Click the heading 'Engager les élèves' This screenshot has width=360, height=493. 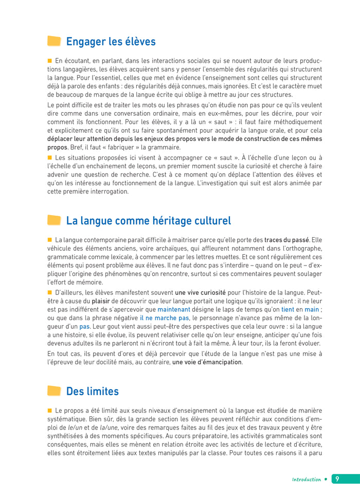pos(111,42)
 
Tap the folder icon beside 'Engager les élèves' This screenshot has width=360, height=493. pos(54,42)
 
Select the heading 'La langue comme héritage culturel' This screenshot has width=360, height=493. pos(148,221)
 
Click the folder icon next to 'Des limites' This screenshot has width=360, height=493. pos(54,392)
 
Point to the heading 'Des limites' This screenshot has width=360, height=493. pos(92,392)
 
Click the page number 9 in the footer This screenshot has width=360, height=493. pos(337,479)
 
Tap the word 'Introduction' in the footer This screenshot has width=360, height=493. pos(306,479)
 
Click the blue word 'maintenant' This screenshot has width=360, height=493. pos(173,309)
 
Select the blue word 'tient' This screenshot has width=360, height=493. pos(288,309)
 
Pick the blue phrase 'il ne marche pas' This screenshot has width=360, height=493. pos(165,318)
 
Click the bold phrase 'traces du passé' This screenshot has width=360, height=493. pos(286,240)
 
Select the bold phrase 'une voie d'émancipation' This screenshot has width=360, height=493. pos(207,362)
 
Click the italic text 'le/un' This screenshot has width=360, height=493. pos(69,427)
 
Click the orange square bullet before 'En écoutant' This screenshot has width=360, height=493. pos(50,61)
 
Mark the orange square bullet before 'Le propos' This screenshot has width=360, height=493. pos(50,410)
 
